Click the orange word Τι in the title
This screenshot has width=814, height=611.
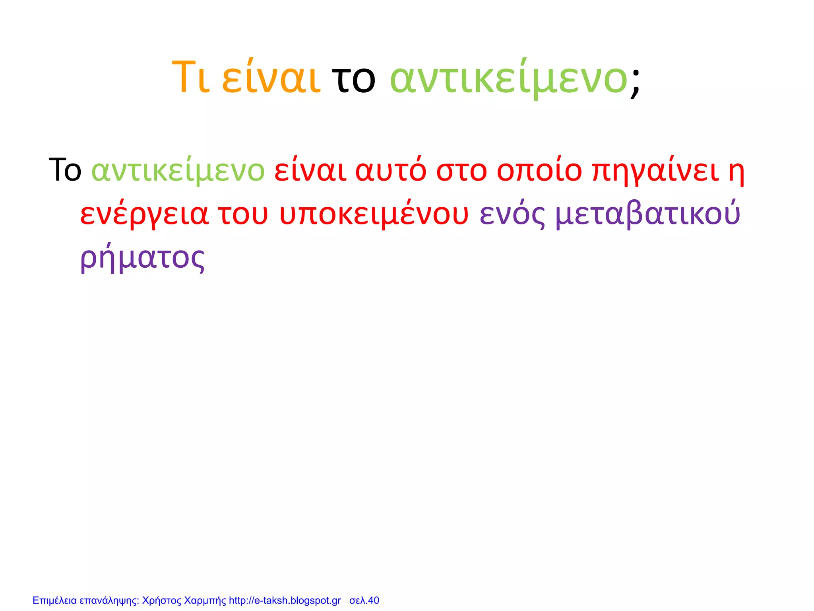tap(190, 78)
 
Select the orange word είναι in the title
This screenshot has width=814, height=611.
tap(271, 78)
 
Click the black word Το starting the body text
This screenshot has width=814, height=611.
tap(65, 170)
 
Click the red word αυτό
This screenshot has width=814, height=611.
tap(391, 170)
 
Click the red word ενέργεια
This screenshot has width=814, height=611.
tap(144, 214)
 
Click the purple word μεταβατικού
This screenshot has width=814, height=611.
tap(648, 214)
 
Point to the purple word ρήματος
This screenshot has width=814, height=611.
tap(142, 258)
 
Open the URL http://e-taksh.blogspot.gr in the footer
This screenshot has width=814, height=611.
tap(285, 600)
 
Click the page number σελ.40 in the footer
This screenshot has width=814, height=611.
tap(364, 600)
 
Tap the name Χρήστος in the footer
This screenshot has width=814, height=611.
tap(162, 600)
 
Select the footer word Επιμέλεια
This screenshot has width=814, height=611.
tap(54, 600)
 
